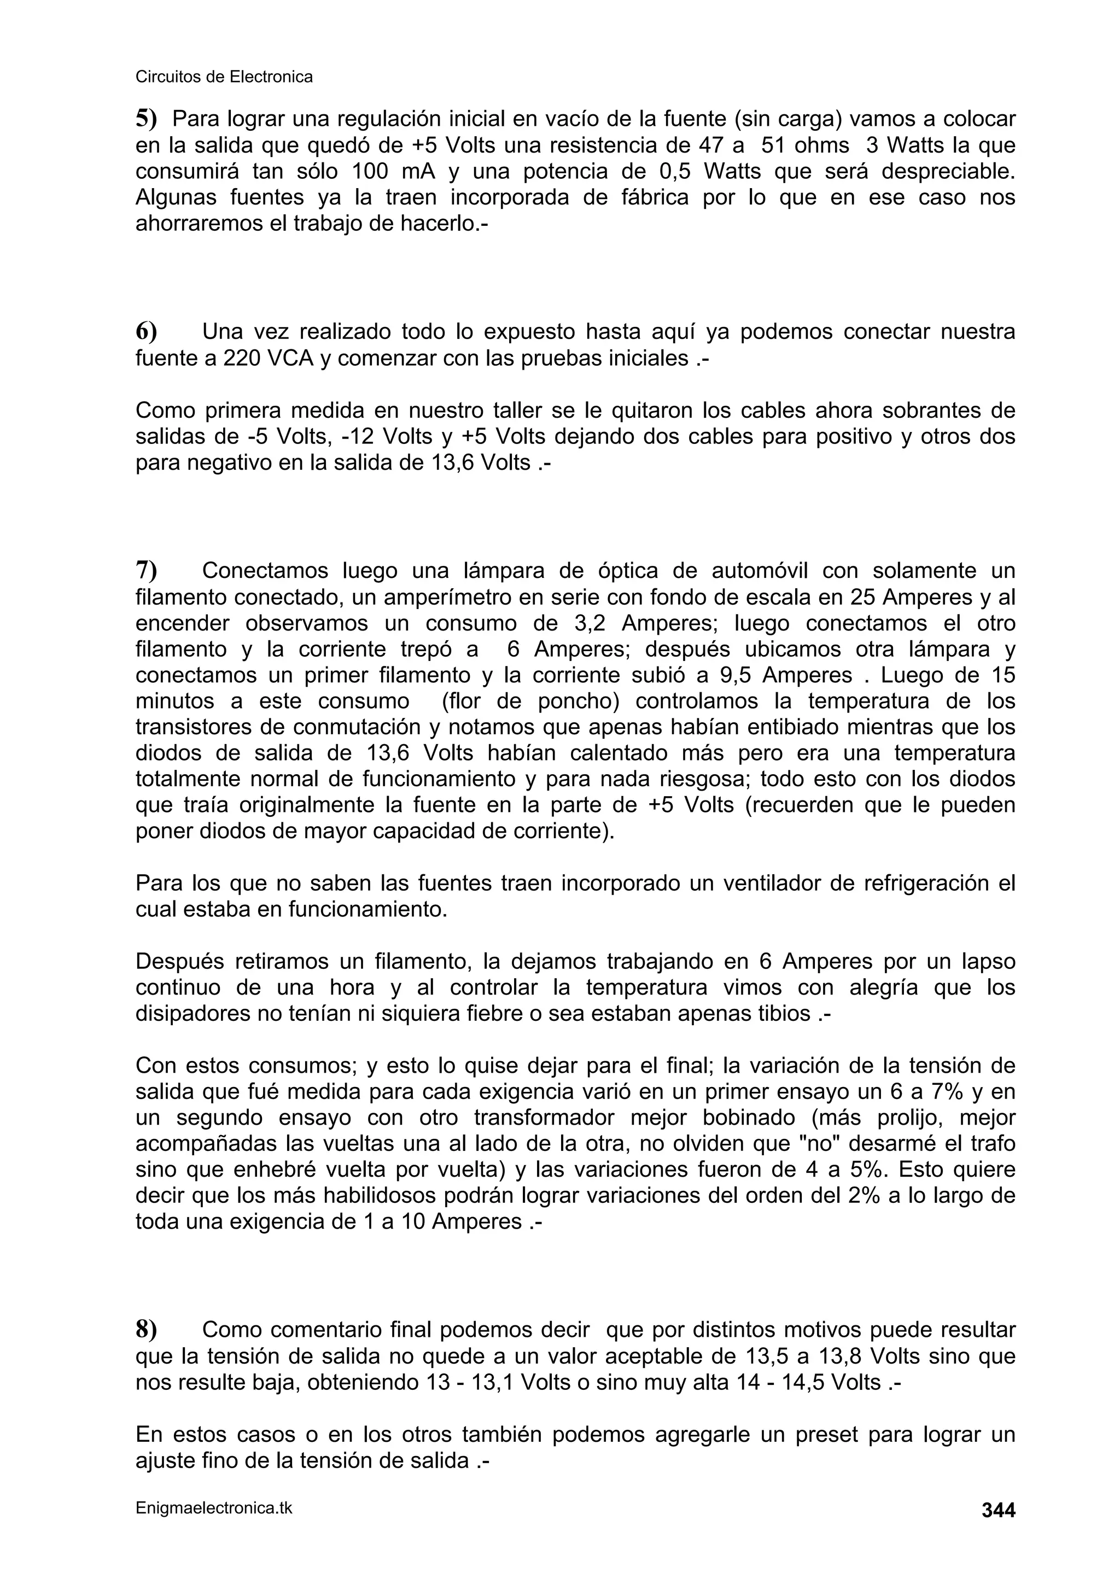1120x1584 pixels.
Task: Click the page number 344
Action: point(998,1511)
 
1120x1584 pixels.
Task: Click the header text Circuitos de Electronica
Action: point(224,77)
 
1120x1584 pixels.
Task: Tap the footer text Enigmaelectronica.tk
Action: point(214,1508)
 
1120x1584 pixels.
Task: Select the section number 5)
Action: point(145,119)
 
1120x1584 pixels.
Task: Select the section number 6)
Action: point(145,332)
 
